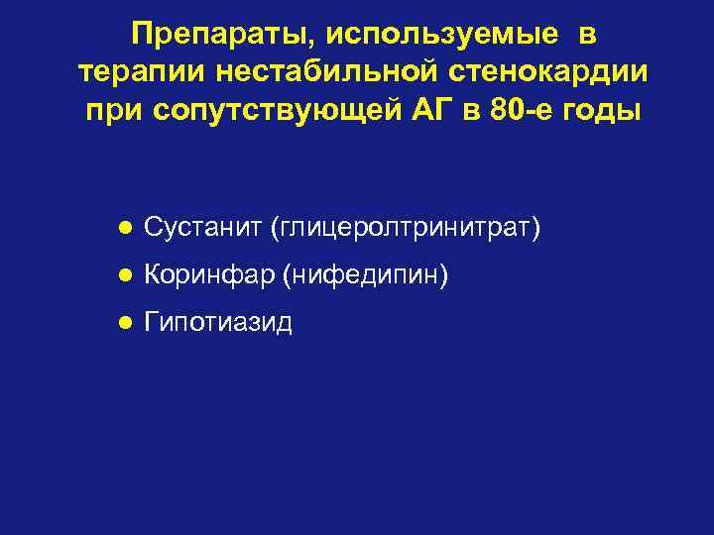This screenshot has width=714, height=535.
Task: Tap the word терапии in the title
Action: click(128, 72)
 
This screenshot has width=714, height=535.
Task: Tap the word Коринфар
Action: click(209, 276)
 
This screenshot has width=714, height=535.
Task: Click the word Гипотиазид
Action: click(217, 323)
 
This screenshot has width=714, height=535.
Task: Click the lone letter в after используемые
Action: click(587, 37)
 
